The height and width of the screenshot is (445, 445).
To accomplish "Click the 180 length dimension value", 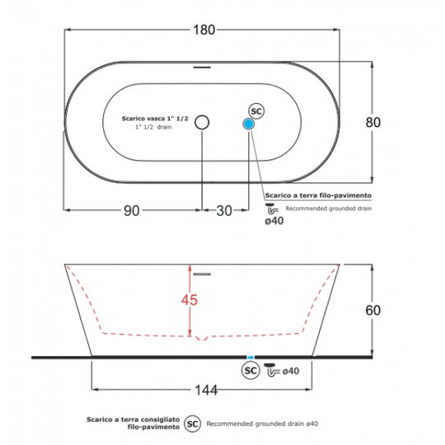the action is [204, 30].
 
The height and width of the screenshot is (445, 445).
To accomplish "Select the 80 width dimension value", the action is [373, 122].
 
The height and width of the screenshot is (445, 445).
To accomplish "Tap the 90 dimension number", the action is [132, 211].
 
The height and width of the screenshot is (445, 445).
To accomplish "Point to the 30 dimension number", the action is [224, 211].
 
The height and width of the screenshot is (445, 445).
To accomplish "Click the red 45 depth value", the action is [190, 300].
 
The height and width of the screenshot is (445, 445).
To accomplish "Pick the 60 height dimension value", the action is [373, 310].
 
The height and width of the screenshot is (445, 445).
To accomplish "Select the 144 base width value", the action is [206, 391].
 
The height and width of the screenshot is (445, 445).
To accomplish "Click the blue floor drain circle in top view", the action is [249, 124].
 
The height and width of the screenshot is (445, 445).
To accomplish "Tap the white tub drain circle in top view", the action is [202, 122].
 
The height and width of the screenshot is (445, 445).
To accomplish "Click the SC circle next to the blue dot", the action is [256, 111].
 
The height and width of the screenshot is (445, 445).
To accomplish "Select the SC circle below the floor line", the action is [251, 370].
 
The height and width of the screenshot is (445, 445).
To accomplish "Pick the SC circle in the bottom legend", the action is [192, 424].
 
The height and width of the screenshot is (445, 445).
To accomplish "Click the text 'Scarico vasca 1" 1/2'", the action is [155, 119].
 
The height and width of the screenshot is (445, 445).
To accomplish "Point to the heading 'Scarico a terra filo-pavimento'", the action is [318, 195].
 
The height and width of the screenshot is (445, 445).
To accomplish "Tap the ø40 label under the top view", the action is [274, 221].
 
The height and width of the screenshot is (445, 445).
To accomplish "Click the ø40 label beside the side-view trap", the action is [291, 371].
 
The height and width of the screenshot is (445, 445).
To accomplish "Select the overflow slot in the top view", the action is [202, 68].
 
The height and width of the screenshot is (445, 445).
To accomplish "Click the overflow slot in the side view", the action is [202, 274].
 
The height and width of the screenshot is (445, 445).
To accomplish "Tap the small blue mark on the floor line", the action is [251, 358].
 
